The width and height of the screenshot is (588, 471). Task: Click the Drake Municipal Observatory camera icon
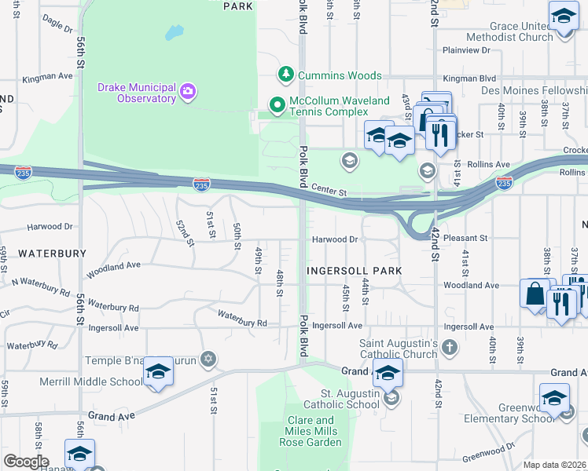coord(188,92)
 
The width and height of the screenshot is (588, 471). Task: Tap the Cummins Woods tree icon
coord(286,75)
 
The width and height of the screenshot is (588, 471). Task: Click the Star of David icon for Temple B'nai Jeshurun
coord(208,360)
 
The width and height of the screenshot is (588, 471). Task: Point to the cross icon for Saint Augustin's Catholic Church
coord(449,348)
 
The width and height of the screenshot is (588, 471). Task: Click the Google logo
coord(25,462)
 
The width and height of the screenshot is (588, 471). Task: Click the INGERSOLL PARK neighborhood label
coord(354,270)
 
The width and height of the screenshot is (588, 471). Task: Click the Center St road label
coord(329,189)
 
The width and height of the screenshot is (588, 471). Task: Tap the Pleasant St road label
coord(467,237)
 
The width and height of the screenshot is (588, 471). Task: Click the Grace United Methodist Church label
coord(509,31)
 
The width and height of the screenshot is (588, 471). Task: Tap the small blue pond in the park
coord(174,33)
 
